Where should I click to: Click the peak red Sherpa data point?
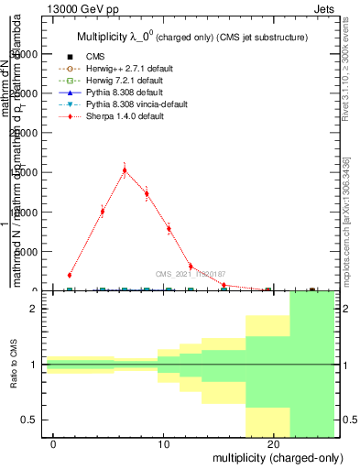click(125, 170)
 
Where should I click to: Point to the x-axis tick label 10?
click(164, 444)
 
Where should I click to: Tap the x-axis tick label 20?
click(273, 444)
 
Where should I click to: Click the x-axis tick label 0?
click(54, 444)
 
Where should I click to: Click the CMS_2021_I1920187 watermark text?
click(191, 274)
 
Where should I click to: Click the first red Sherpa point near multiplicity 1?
click(70, 275)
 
